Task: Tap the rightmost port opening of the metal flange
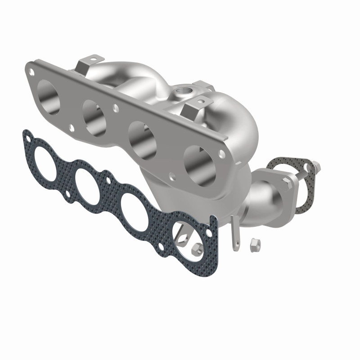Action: [198, 164]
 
